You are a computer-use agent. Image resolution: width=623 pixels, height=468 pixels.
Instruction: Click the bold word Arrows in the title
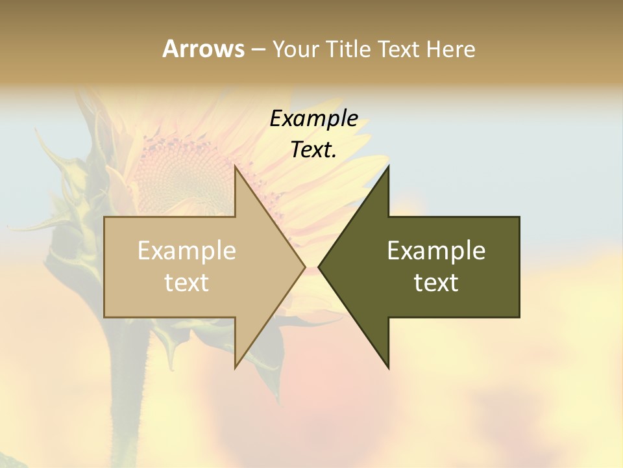click(203, 49)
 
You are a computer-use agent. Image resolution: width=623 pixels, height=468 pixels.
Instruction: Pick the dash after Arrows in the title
click(258, 50)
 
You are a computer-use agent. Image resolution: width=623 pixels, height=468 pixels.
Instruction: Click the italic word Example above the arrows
click(313, 119)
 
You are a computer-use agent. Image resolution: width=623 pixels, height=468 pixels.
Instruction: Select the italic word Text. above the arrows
click(313, 150)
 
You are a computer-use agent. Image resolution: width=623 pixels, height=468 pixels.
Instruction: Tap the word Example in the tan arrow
click(186, 251)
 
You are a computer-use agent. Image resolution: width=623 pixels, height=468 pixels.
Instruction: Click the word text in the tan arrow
click(186, 283)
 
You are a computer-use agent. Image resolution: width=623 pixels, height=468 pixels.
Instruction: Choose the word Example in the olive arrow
click(436, 251)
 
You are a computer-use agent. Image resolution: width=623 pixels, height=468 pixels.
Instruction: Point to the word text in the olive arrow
click(436, 283)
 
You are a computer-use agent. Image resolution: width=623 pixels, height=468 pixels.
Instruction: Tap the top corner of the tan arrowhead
click(236, 167)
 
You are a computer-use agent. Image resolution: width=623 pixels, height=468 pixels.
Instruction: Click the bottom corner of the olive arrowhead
click(388, 367)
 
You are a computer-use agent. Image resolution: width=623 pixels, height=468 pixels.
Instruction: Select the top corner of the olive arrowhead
click(388, 167)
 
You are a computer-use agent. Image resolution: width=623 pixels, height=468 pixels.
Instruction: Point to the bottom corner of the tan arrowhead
click(236, 367)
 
